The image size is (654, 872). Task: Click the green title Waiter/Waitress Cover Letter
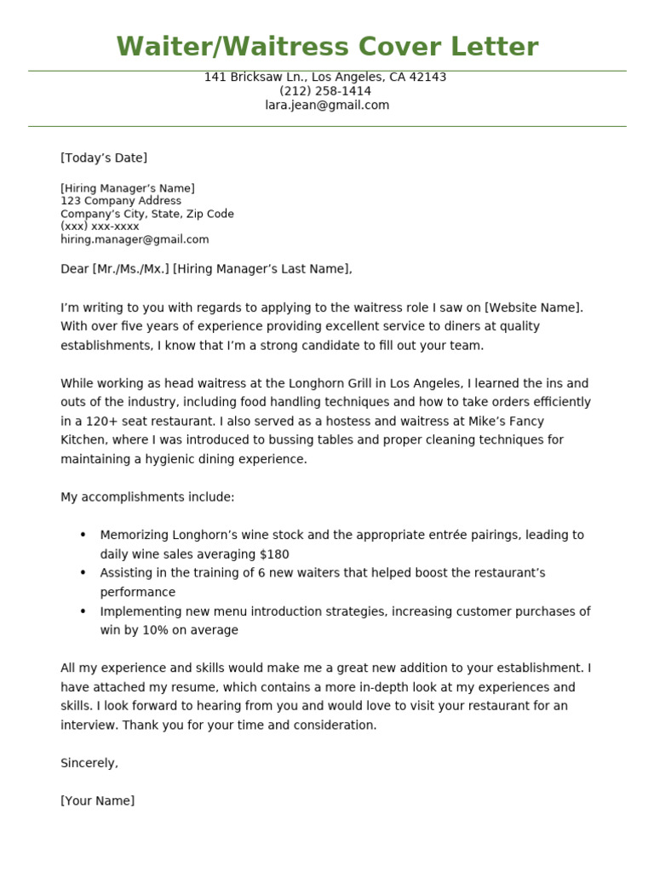[327, 47]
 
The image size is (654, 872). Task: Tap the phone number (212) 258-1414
[325, 91]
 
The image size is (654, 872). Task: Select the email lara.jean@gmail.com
[327, 106]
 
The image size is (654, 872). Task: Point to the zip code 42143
[427, 77]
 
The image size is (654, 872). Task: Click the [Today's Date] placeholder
[104, 158]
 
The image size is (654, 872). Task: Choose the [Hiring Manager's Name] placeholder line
[128, 188]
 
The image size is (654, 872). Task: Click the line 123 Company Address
[121, 201]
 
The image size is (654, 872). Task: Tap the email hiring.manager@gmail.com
[135, 239]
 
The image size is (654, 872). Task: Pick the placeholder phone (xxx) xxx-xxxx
[100, 227]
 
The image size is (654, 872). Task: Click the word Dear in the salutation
[74, 269]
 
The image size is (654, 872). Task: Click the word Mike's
[488, 422]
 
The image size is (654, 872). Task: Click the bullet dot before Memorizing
[83, 535]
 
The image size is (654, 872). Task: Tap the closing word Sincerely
[89, 763]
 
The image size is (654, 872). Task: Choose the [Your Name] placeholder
[97, 801]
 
